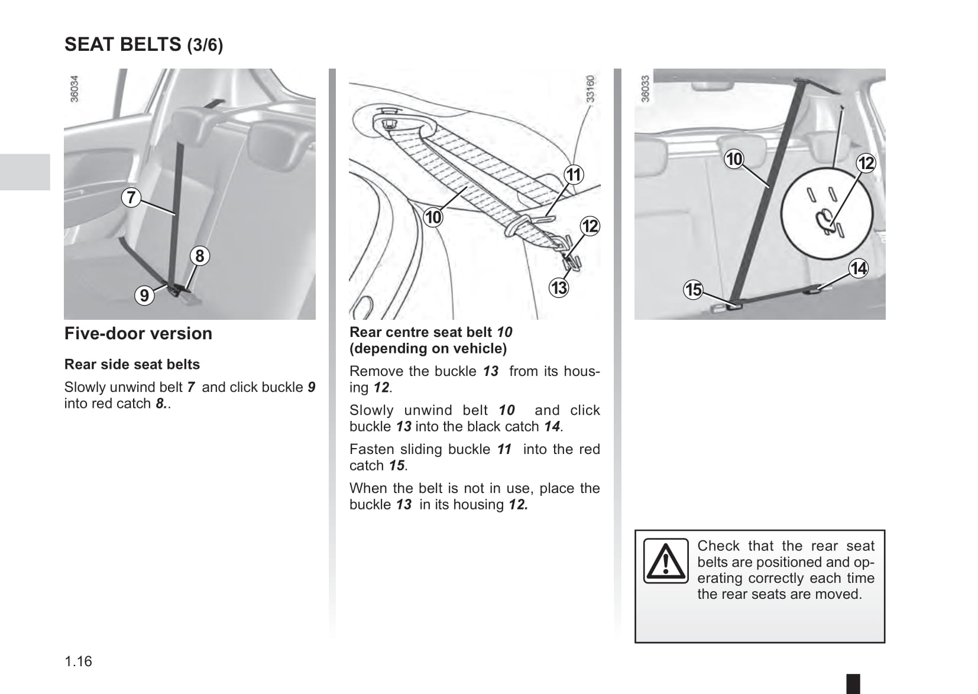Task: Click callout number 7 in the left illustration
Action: tap(131, 197)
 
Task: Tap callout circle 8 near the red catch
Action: tap(200, 256)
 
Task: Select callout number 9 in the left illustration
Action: tap(144, 295)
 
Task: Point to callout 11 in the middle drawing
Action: tap(574, 175)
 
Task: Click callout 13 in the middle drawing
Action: tap(559, 288)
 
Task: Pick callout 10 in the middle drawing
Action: tap(433, 218)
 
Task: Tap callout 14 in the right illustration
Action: tap(858, 268)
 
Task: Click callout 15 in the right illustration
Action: tap(693, 290)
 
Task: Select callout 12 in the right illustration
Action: tap(866, 163)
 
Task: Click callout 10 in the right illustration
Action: tap(734, 159)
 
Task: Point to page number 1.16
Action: tap(79, 661)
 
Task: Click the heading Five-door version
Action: tap(138, 333)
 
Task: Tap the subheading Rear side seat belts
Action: tap(132, 364)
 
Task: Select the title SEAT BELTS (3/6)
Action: tap(144, 44)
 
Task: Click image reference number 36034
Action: tap(74, 89)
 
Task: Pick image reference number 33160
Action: tap(590, 89)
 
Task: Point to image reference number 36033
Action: tap(645, 89)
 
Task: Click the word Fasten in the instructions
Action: tap(371, 449)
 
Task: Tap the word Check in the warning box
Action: tap(718, 546)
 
